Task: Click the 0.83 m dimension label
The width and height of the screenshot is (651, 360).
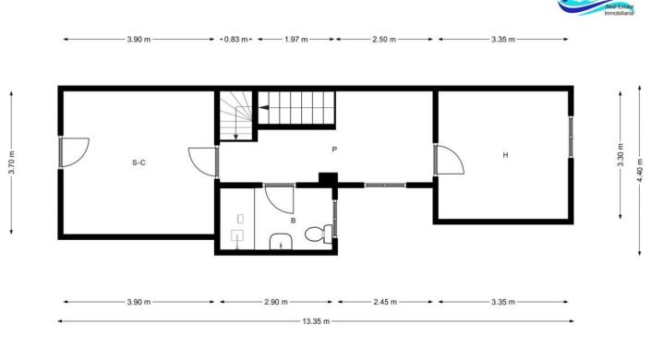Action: [x=236, y=40]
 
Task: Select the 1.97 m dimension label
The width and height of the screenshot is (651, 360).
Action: [x=296, y=40]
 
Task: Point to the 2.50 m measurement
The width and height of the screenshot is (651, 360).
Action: [x=384, y=40]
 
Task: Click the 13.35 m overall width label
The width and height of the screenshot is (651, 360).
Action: [x=316, y=320]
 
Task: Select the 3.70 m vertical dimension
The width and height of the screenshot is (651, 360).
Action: [x=11, y=162]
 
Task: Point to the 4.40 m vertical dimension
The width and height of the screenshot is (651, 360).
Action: [x=639, y=171]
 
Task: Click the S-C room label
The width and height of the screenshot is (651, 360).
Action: [x=139, y=162]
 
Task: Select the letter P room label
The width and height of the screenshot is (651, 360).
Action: [x=334, y=149]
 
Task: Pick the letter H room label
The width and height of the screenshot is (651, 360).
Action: [x=505, y=155]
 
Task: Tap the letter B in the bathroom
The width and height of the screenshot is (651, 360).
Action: [x=293, y=221]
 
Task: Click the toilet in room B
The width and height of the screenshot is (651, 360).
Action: [x=317, y=233]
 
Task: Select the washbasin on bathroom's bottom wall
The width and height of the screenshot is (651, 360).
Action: [x=279, y=244]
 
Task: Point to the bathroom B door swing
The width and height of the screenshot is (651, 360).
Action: [x=278, y=197]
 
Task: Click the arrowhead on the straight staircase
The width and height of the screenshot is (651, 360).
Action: [x=261, y=109]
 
